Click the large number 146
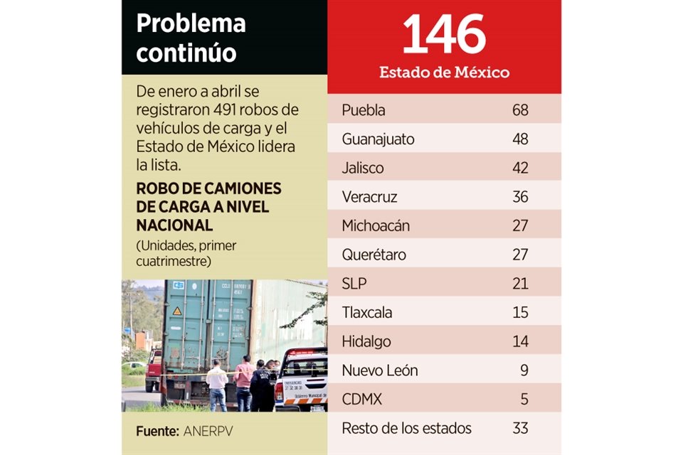coord(444,36)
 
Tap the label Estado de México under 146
coord(444,73)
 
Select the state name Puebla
coord(364,110)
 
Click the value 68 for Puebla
coord(520,110)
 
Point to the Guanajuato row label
coord(378,139)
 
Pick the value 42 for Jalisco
coord(520,168)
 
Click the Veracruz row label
coord(369,197)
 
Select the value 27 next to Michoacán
coord(520,226)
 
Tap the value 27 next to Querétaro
coord(520,255)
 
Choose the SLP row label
coord(354,284)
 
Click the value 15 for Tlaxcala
coord(520,313)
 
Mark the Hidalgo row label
coord(366,342)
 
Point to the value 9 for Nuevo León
coord(524,370)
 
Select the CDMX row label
coord(361,400)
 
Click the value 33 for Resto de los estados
coord(520,429)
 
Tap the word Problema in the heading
coord(191,23)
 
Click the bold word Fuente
coord(157,431)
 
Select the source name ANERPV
coord(207,431)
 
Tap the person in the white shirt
coord(217,384)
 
